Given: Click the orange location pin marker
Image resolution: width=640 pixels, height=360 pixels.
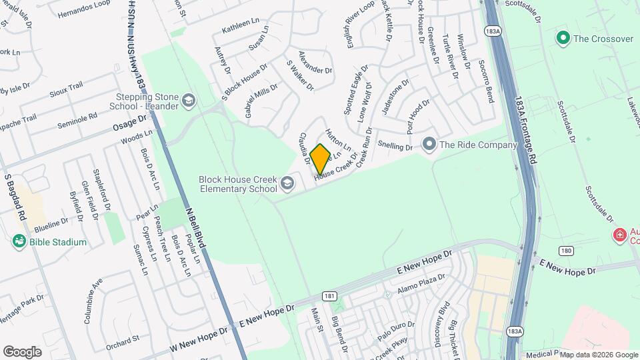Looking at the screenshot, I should [x=321, y=159].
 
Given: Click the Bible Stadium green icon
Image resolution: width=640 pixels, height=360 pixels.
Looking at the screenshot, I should [x=19, y=242].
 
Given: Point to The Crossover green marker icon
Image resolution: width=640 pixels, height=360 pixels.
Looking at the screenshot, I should [x=563, y=39].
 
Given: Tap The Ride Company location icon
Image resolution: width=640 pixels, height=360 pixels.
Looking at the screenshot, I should [x=429, y=145].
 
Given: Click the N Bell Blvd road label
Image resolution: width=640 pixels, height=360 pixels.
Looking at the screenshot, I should [x=195, y=227].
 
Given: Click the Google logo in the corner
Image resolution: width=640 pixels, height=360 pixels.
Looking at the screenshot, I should [x=22, y=351].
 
